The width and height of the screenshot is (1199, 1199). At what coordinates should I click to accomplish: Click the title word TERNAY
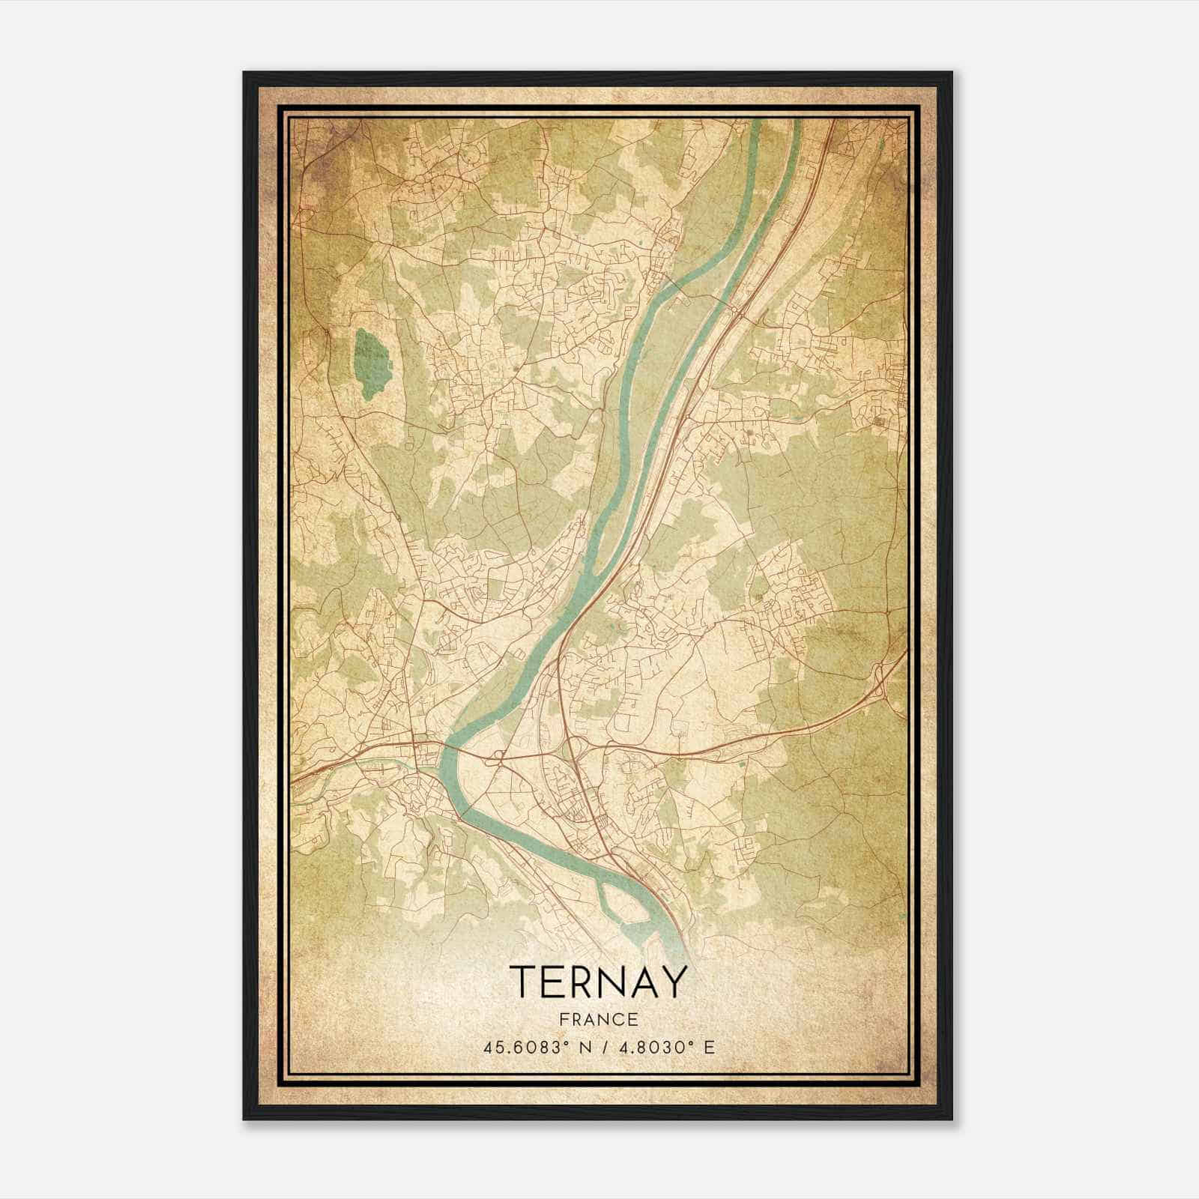tap(599, 982)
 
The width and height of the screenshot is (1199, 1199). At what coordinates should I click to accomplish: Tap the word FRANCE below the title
tap(598, 1019)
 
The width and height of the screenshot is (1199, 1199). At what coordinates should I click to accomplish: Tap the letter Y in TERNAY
tap(673, 982)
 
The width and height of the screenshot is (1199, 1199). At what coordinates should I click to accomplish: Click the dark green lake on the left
tap(367, 363)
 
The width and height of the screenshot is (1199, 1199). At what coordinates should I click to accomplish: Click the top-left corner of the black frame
tap(244, 73)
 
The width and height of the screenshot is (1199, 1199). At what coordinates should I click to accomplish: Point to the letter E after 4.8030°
tap(708, 1047)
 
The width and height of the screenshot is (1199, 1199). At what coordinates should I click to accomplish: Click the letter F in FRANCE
tap(564, 1019)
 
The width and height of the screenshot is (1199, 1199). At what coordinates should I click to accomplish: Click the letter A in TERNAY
tap(644, 982)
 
